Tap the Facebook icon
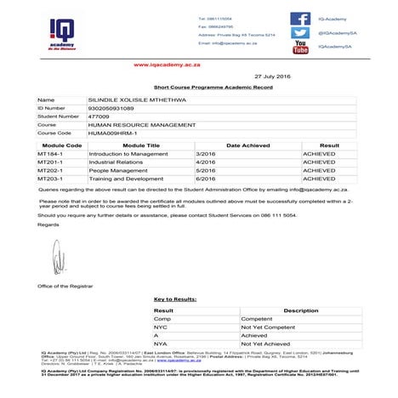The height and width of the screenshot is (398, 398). pyautogui.click(x=299, y=18)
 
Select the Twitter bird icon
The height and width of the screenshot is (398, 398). pyautogui.click(x=299, y=32)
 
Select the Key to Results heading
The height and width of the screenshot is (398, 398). pyautogui.click(x=174, y=298)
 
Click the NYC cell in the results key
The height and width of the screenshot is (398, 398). pyautogui.click(x=160, y=327)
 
